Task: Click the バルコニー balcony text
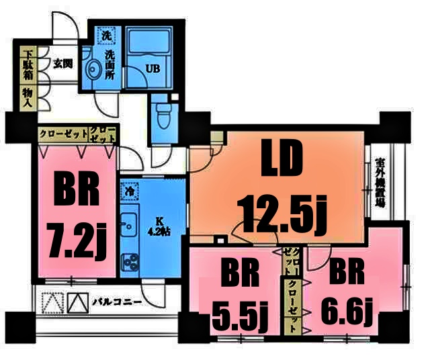[117, 302]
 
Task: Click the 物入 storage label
[28, 95]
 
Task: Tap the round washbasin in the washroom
[93, 69]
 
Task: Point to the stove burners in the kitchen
[128, 261]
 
